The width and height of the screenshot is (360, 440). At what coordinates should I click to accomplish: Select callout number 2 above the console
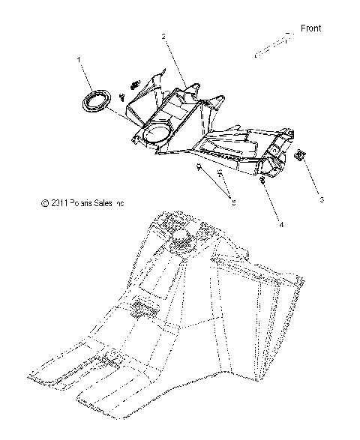pos(163,36)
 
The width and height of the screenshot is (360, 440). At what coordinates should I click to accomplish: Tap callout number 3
pos(322,199)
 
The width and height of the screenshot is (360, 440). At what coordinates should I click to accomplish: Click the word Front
pos(310,28)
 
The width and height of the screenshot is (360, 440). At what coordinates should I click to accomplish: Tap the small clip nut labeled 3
pos(299,156)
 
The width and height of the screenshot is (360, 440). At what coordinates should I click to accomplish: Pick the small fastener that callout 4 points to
pos(262,181)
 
